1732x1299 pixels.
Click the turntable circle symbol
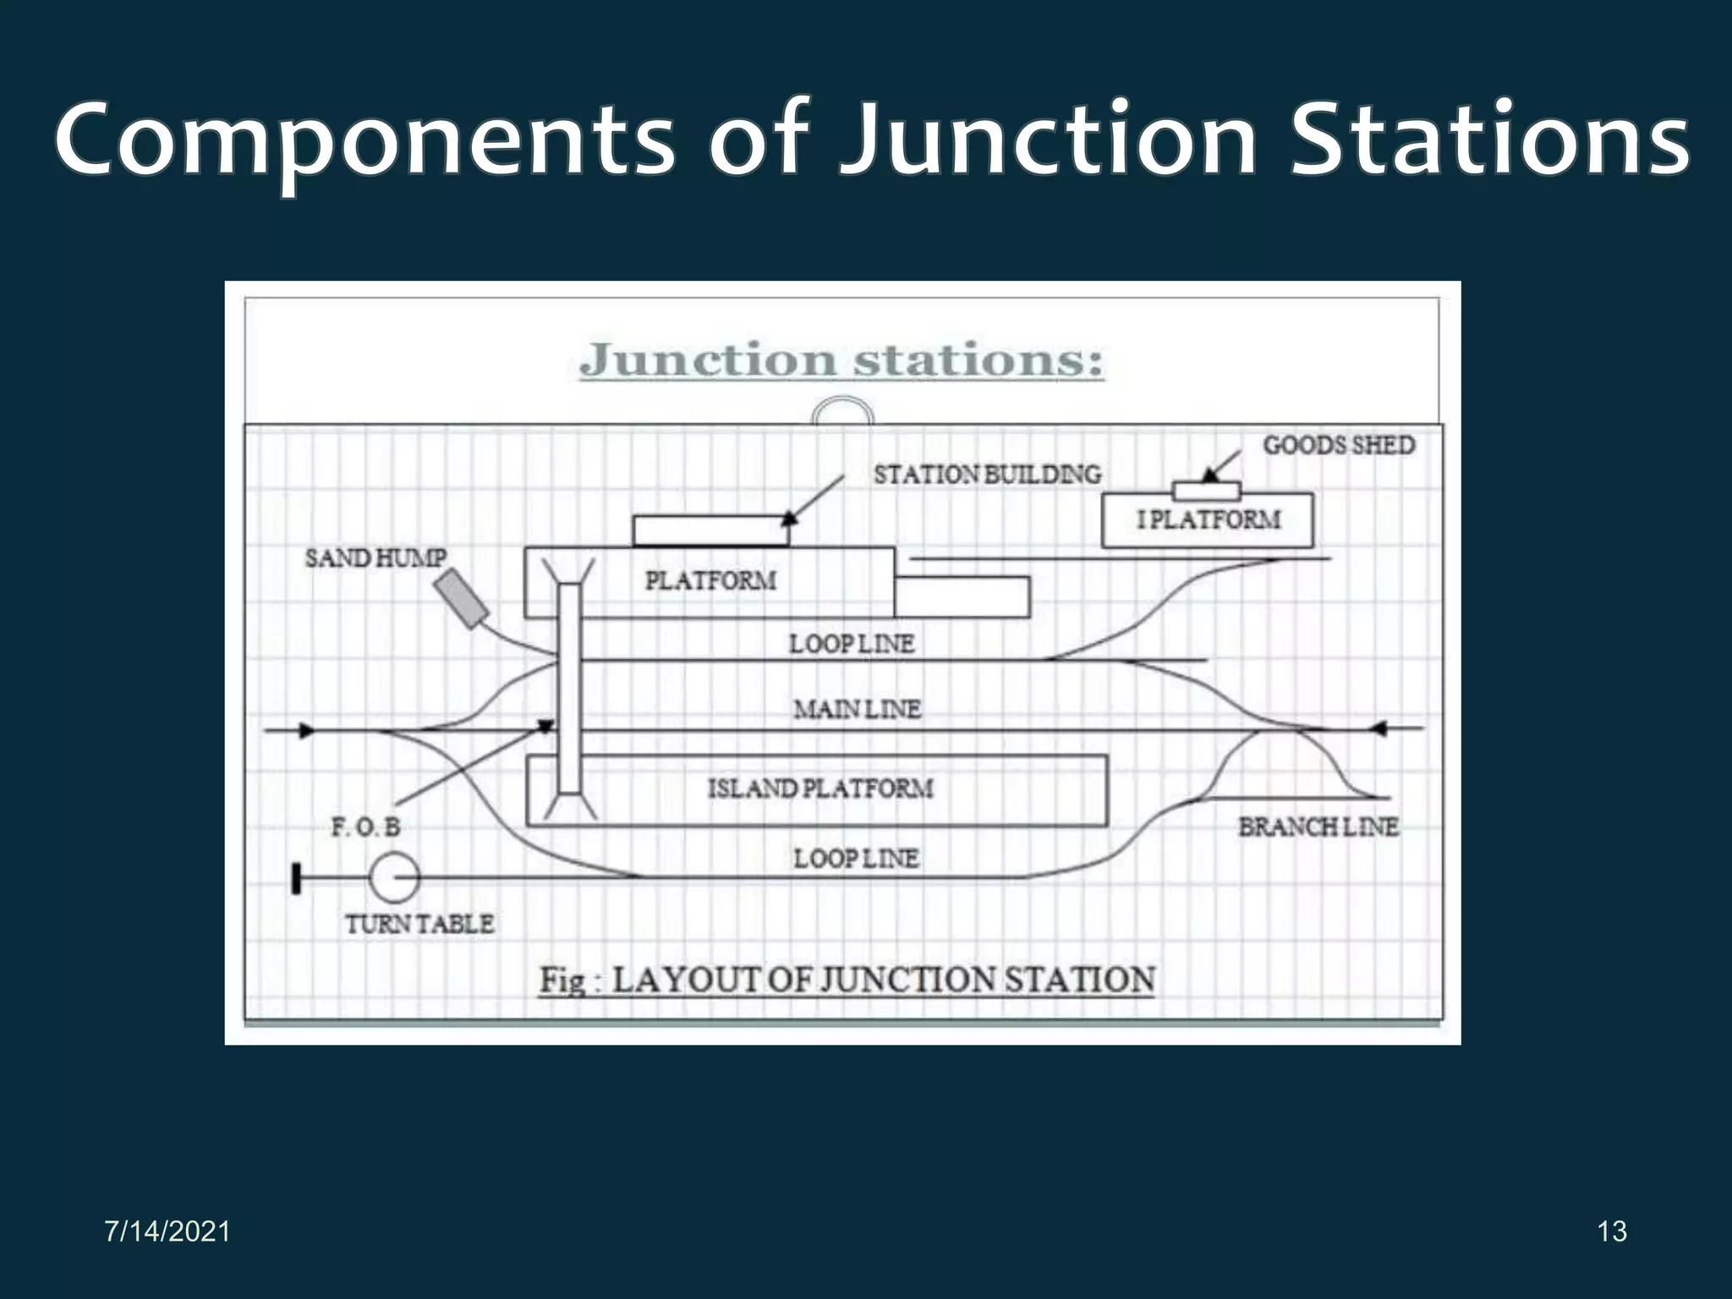(x=394, y=877)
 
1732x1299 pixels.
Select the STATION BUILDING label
(x=987, y=474)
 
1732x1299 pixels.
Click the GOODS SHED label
(x=1338, y=446)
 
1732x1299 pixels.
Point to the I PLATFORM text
(x=1209, y=519)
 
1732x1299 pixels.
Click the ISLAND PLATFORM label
(x=820, y=789)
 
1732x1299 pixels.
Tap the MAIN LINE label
(x=857, y=709)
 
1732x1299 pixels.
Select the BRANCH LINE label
(x=1318, y=827)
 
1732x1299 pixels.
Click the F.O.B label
(x=365, y=827)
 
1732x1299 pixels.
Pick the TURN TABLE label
(x=419, y=924)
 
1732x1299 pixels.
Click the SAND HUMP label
(x=375, y=558)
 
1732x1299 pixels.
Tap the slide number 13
(x=1612, y=1231)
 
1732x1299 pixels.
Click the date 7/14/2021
(x=167, y=1231)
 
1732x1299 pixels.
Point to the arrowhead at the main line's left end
(x=307, y=731)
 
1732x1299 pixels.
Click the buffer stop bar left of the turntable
(x=296, y=878)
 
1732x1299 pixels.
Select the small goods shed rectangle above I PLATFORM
(x=1206, y=491)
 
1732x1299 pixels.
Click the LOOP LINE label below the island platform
(x=855, y=859)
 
